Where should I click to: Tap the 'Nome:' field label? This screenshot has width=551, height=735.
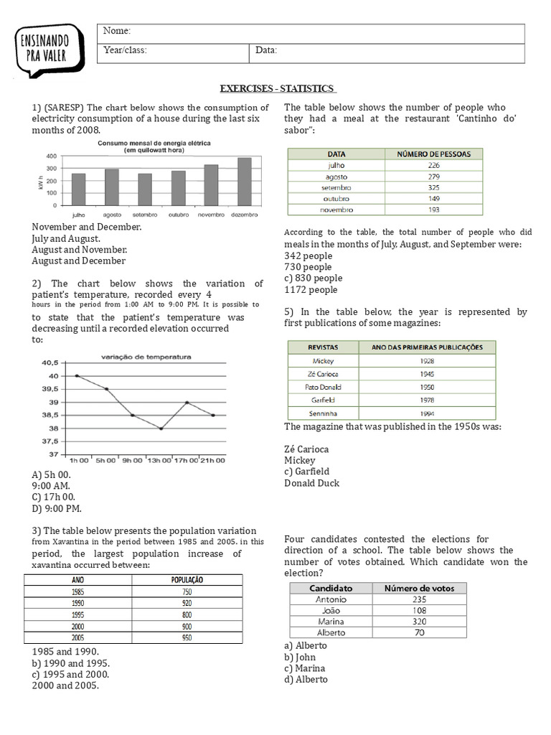(117, 32)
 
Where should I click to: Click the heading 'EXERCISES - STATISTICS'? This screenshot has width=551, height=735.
(278, 88)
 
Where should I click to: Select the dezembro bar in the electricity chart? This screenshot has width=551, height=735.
(245, 182)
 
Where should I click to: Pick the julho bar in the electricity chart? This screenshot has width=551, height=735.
(78, 189)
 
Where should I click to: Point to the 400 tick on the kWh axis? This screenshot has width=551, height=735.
(52, 156)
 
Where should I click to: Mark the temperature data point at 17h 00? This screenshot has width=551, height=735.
(187, 403)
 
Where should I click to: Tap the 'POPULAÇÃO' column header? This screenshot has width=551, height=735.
(187, 579)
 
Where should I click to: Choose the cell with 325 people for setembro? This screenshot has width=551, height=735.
(433, 187)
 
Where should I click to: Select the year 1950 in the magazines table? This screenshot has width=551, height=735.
(427, 387)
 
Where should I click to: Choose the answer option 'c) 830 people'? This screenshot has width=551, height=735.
(314, 278)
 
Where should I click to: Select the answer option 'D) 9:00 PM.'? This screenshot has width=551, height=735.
(57, 509)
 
